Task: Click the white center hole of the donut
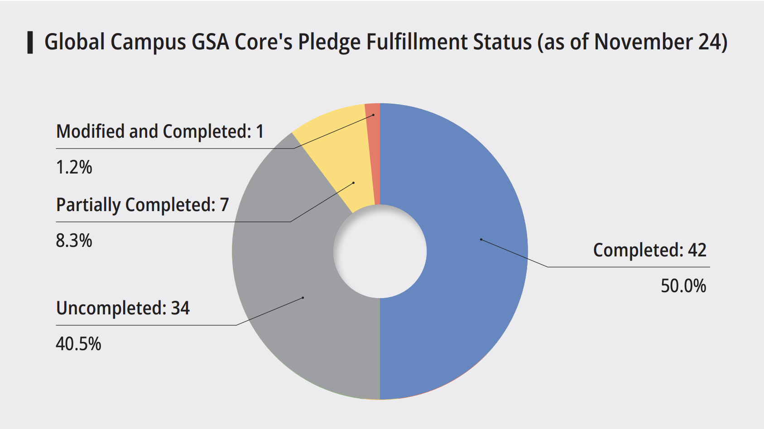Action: click(380, 251)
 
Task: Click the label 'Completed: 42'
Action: click(649, 250)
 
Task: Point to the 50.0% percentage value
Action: click(683, 286)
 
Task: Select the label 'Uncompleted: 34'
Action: click(123, 308)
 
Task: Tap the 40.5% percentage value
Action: click(78, 344)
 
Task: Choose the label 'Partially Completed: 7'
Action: click(142, 205)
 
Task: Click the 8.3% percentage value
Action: click(74, 241)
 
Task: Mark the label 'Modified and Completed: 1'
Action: click(159, 131)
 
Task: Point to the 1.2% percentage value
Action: click(74, 167)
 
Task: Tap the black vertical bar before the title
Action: click(30, 43)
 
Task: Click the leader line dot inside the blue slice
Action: click(481, 239)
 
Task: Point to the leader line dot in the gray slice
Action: click(303, 298)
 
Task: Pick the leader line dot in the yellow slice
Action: click(353, 183)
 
